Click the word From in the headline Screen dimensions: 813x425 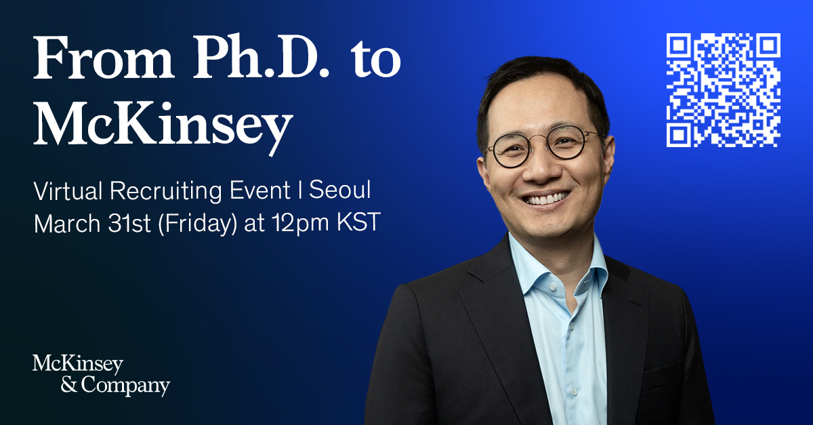(103, 58)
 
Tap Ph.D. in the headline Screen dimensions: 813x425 (262, 56)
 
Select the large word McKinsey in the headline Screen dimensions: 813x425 (163, 125)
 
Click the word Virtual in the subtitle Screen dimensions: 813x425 (68, 190)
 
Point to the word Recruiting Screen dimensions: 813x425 (166, 191)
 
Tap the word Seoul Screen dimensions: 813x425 (339, 190)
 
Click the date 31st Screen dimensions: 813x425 (129, 223)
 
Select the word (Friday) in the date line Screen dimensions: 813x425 (197, 224)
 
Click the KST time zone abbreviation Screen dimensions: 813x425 (359, 222)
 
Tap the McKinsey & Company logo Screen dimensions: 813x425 (101, 376)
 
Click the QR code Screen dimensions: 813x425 (724, 90)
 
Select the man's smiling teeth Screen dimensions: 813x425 (547, 199)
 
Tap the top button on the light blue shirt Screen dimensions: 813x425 (552, 287)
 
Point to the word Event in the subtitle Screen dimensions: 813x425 (260, 190)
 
